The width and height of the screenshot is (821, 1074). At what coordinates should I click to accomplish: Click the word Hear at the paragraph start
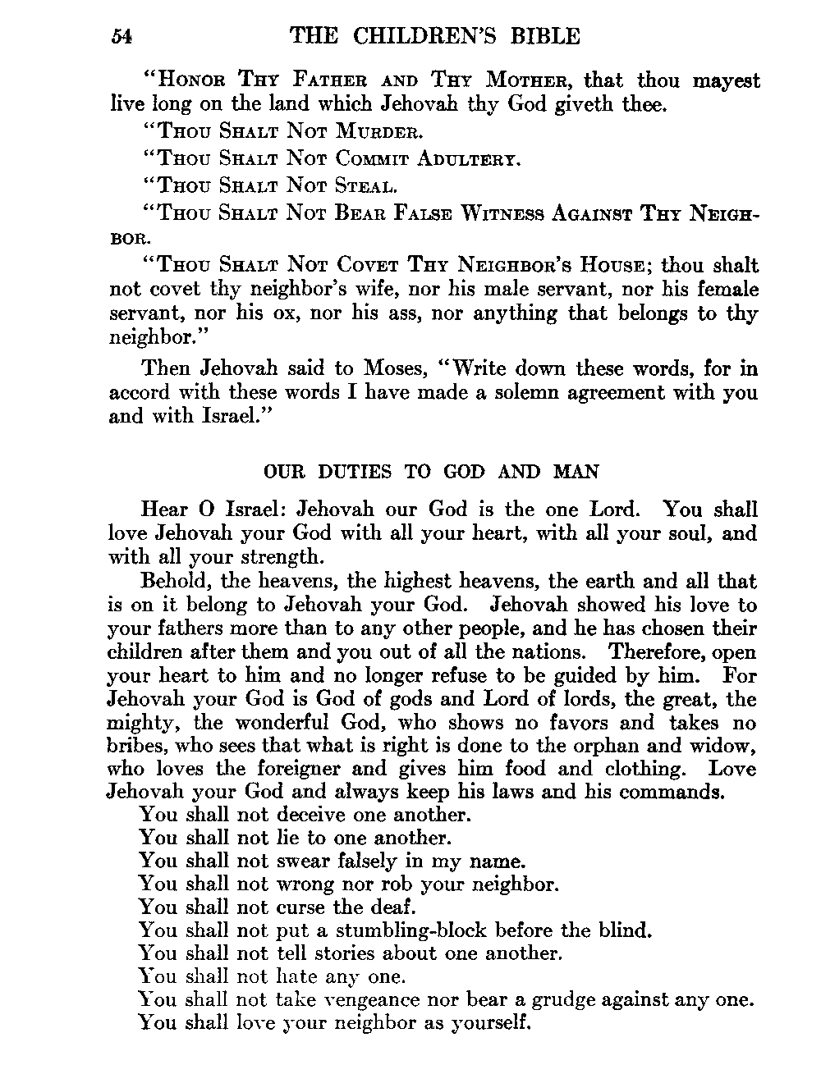(x=164, y=510)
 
